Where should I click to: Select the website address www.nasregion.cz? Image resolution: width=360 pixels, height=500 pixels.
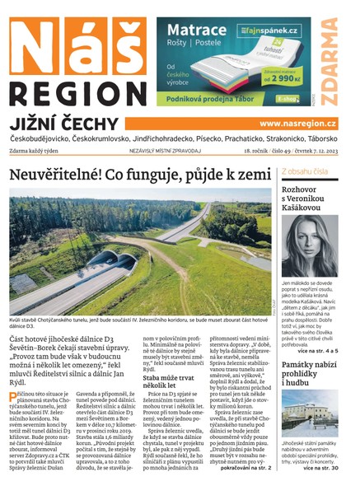(x=297, y=124)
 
